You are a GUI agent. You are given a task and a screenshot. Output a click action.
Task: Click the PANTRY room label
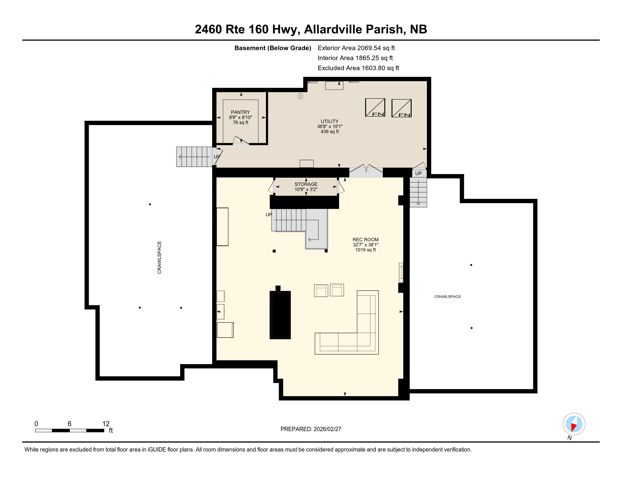240,112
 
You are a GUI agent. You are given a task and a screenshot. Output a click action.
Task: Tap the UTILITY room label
329,121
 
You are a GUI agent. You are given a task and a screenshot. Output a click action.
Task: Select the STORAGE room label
306,184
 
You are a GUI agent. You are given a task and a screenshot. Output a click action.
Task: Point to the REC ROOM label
365,240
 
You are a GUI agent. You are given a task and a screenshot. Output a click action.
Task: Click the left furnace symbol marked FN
375,108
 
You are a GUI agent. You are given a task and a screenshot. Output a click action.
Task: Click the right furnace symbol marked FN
401,108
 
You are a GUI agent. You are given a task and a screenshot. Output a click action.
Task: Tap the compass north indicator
574,424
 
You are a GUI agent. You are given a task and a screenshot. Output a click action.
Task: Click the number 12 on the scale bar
106,424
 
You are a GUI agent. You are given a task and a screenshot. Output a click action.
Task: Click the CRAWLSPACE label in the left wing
159,257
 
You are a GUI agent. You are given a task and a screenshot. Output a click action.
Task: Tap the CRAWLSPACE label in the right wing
448,297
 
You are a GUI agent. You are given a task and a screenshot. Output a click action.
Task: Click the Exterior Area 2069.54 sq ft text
356,48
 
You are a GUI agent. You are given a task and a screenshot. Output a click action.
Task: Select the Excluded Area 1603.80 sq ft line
358,68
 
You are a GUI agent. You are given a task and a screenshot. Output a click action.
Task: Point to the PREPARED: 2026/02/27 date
311,429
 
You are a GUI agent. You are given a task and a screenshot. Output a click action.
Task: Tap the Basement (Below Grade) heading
273,48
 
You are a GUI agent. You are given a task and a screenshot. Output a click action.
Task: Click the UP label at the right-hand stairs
418,173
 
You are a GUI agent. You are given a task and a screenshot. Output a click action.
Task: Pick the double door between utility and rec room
366,171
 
